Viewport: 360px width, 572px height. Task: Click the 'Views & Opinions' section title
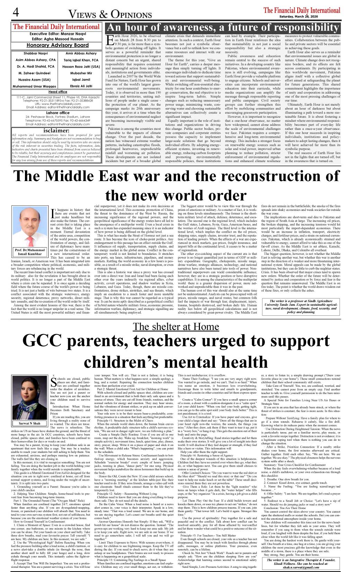click(x=110, y=14)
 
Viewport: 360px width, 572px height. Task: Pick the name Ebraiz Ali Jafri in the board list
click(x=81, y=86)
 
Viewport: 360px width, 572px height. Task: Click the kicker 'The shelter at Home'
click(x=176, y=327)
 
